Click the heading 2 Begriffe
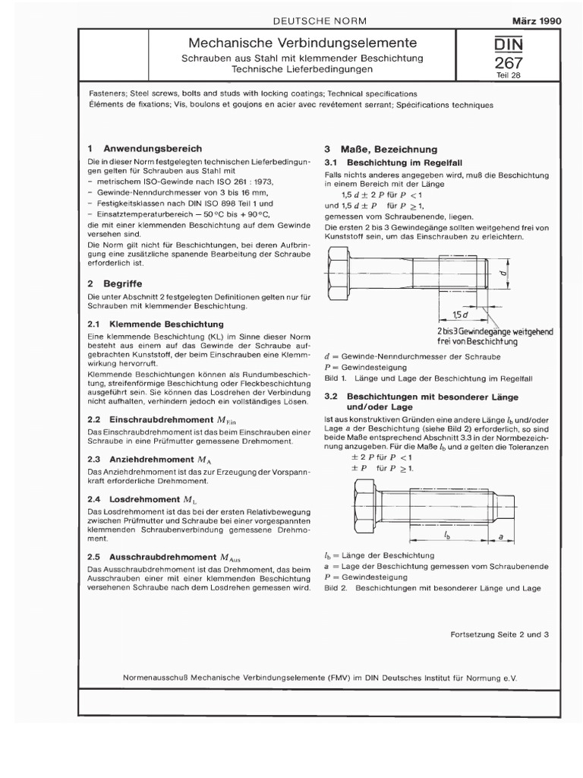click(x=115, y=282)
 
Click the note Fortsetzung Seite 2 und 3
click(x=499, y=633)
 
